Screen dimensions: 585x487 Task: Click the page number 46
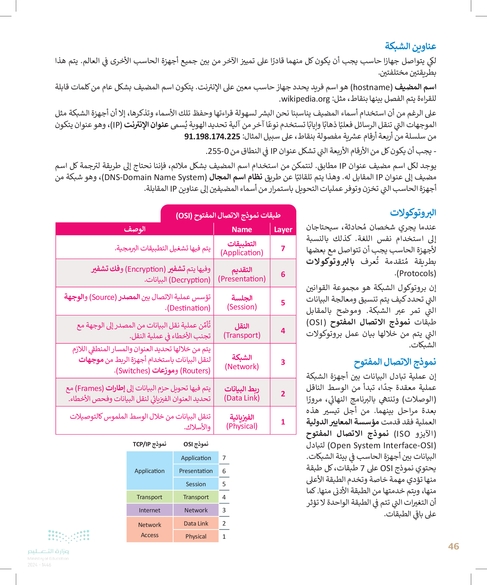[453, 546]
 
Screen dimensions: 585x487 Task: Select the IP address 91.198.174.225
[212, 137]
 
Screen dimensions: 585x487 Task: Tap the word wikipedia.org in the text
[305, 99]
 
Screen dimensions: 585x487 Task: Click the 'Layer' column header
[283, 229]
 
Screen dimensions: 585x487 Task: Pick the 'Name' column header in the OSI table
[242, 229]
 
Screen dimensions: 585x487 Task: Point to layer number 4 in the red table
[283, 330]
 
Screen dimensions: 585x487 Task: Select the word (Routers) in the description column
[195, 371]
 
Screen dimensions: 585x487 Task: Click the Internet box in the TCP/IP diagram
[149, 510]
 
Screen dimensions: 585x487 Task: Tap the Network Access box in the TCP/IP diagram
[149, 530]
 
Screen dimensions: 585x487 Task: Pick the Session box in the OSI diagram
[196, 484]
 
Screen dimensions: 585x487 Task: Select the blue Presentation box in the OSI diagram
[196, 471]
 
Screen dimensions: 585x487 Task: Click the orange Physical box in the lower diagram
[196, 536]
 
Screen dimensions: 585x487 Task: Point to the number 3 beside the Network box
[224, 510]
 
